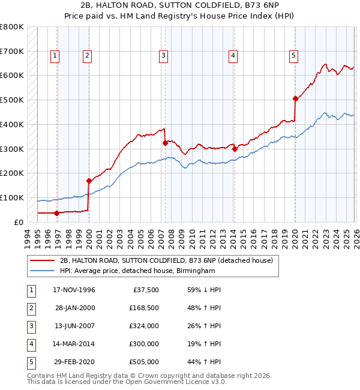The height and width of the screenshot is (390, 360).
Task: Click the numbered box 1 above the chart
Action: (x=55, y=56)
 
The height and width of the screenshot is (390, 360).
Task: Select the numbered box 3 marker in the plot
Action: (x=163, y=56)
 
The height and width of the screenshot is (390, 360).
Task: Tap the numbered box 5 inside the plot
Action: (x=293, y=56)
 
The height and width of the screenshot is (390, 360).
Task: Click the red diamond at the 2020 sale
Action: (x=295, y=99)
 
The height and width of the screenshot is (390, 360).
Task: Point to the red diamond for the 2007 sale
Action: (x=165, y=143)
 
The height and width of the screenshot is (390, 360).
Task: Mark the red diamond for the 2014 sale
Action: (x=235, y=149)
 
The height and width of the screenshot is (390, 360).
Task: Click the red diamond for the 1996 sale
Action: (x=56, y=212)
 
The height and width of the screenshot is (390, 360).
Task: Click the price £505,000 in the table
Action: (x=144, y=362)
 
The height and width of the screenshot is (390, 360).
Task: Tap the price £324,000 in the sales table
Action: (x=144, y=326)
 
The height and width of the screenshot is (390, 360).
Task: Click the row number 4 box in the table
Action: (x=30, y=344)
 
